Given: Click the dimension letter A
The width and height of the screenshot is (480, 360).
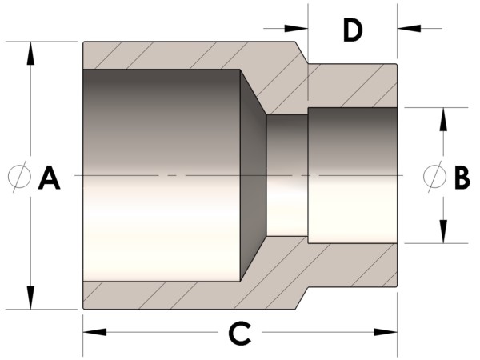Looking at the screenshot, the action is (49, 178).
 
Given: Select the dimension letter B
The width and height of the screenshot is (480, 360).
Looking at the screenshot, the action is (462, 178).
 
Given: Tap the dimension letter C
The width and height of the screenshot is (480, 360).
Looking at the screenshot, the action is (240, 333).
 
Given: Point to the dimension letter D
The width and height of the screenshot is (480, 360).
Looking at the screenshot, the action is (353, 30).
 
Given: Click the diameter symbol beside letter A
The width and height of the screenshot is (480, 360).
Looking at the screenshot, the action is (19, 177).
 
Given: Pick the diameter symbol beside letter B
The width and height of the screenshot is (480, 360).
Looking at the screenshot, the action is (434, 177).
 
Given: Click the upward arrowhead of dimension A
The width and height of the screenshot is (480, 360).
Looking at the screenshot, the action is (30, 54).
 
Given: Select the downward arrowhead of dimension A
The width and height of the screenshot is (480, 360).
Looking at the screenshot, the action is (30, 298).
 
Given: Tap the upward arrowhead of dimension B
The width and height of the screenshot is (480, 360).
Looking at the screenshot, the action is (443, 119).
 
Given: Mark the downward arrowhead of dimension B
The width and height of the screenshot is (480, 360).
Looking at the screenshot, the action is (443, 231).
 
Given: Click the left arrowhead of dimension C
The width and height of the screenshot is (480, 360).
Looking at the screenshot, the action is (95, 332).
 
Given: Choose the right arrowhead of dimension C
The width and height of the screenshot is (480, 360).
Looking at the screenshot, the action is (386, 332).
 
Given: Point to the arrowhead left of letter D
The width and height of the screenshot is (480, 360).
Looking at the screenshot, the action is (296, 28).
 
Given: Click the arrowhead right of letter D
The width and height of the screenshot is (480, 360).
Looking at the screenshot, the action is (409, 28).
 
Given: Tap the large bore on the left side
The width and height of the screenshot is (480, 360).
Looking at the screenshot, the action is (162, 175).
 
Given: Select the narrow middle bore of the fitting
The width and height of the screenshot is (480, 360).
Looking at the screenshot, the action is (287, 175).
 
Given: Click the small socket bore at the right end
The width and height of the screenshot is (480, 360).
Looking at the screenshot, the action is (353, 175).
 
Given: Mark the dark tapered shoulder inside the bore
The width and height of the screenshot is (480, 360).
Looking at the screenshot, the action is (253, 175).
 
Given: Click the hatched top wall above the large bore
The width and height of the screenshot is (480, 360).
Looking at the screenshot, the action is (190, 55).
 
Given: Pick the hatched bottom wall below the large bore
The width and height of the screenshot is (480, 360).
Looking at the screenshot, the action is (190, 295).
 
